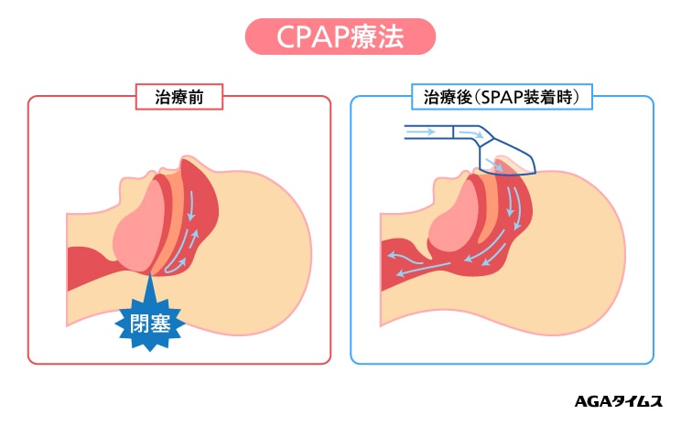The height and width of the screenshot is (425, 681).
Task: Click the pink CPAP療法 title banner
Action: (340, 37)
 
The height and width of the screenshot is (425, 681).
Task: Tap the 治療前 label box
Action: (179, 95)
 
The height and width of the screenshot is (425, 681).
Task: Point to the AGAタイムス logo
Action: (612, 400)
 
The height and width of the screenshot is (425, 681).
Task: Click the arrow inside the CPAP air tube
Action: (421, 133)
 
